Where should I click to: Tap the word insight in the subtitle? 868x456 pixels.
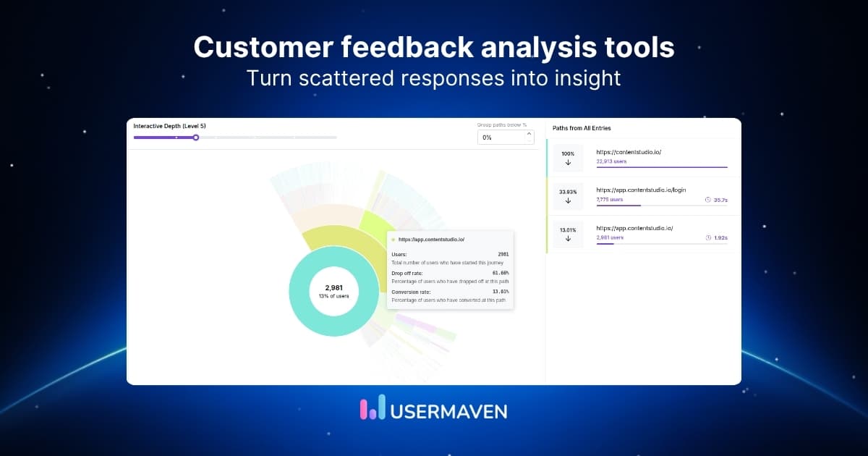point(584,77)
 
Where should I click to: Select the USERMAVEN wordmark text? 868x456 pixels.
point(448,410)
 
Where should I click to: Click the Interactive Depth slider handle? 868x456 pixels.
point(195,138)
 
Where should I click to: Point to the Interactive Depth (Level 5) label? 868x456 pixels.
point(169,126)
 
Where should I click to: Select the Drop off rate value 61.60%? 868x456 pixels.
point(498,273)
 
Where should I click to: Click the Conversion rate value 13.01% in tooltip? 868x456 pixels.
point(498,292)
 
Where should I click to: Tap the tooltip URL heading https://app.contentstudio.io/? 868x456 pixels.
point(431,239)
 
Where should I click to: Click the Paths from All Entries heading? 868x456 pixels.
point(582,128)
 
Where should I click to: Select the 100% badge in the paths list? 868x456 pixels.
point(568,153)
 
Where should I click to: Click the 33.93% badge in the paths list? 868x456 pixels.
point(568,192)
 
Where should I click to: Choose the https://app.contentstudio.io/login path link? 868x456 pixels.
point(641,190)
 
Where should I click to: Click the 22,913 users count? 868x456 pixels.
point(611,161)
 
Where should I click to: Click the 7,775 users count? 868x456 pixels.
point(609,199)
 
